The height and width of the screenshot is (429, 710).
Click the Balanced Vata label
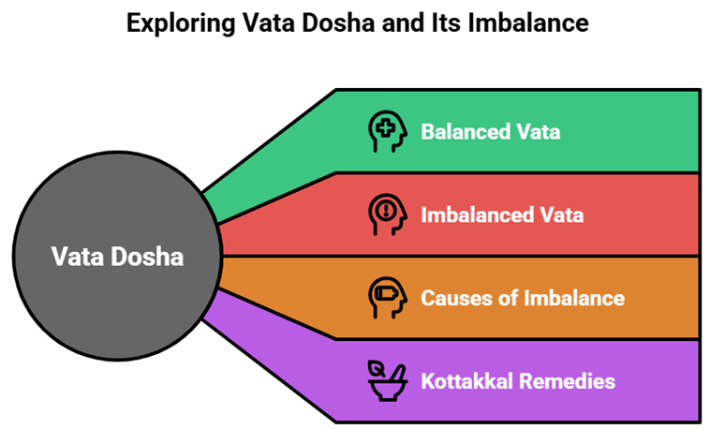click(x=490, y=132)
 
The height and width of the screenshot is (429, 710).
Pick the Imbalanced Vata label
click(x=502, y=215)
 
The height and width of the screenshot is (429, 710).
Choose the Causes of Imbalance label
click(x=522, y=299)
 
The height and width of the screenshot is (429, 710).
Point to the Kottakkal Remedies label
click(x=517, y=381)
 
